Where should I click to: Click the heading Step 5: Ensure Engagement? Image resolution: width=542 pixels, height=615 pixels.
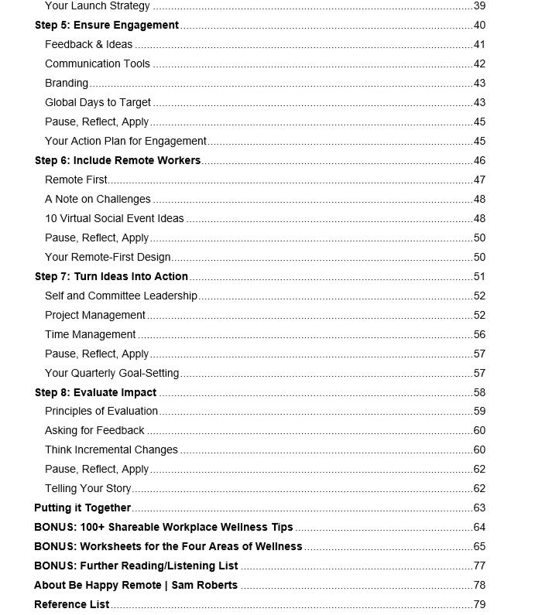(x=107, y=25)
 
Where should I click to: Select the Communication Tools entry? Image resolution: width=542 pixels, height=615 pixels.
(x=98, y=63)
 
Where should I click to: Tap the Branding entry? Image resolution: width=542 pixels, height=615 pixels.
(x=67, y=83)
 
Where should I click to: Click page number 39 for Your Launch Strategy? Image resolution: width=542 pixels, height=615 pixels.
(x=479, y=6)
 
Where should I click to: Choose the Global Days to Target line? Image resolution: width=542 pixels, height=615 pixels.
(x=98, y=102)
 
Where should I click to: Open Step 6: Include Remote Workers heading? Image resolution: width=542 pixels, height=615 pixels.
(x=118, y=160)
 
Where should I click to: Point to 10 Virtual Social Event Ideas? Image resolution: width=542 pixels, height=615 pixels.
(x=115, y=218)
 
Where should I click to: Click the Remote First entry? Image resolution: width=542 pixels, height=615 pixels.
(x=76, y=179)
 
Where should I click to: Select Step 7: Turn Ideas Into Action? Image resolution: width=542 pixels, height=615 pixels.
(x=111, y=276)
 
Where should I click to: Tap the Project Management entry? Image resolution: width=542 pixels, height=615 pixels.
(x=95, y=315)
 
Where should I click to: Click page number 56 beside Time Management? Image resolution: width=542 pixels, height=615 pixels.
(x=479, y=334)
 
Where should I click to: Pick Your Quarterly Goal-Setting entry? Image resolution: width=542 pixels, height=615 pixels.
(x=112, y=373)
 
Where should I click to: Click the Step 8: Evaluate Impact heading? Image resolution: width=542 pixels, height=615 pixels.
(x=96, y=392)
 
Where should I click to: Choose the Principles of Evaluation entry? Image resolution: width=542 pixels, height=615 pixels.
(x=101, y=411)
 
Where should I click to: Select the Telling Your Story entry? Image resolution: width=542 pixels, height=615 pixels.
(x=88, y=488)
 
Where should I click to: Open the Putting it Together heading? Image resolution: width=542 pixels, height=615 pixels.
(x=83, y=507)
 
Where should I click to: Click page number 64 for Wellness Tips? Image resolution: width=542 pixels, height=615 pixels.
(x=479, y=527)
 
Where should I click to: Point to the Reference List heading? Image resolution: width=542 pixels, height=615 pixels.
(x=72, y=604)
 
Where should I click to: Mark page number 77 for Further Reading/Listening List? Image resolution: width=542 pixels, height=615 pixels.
(x=479, y=565)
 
